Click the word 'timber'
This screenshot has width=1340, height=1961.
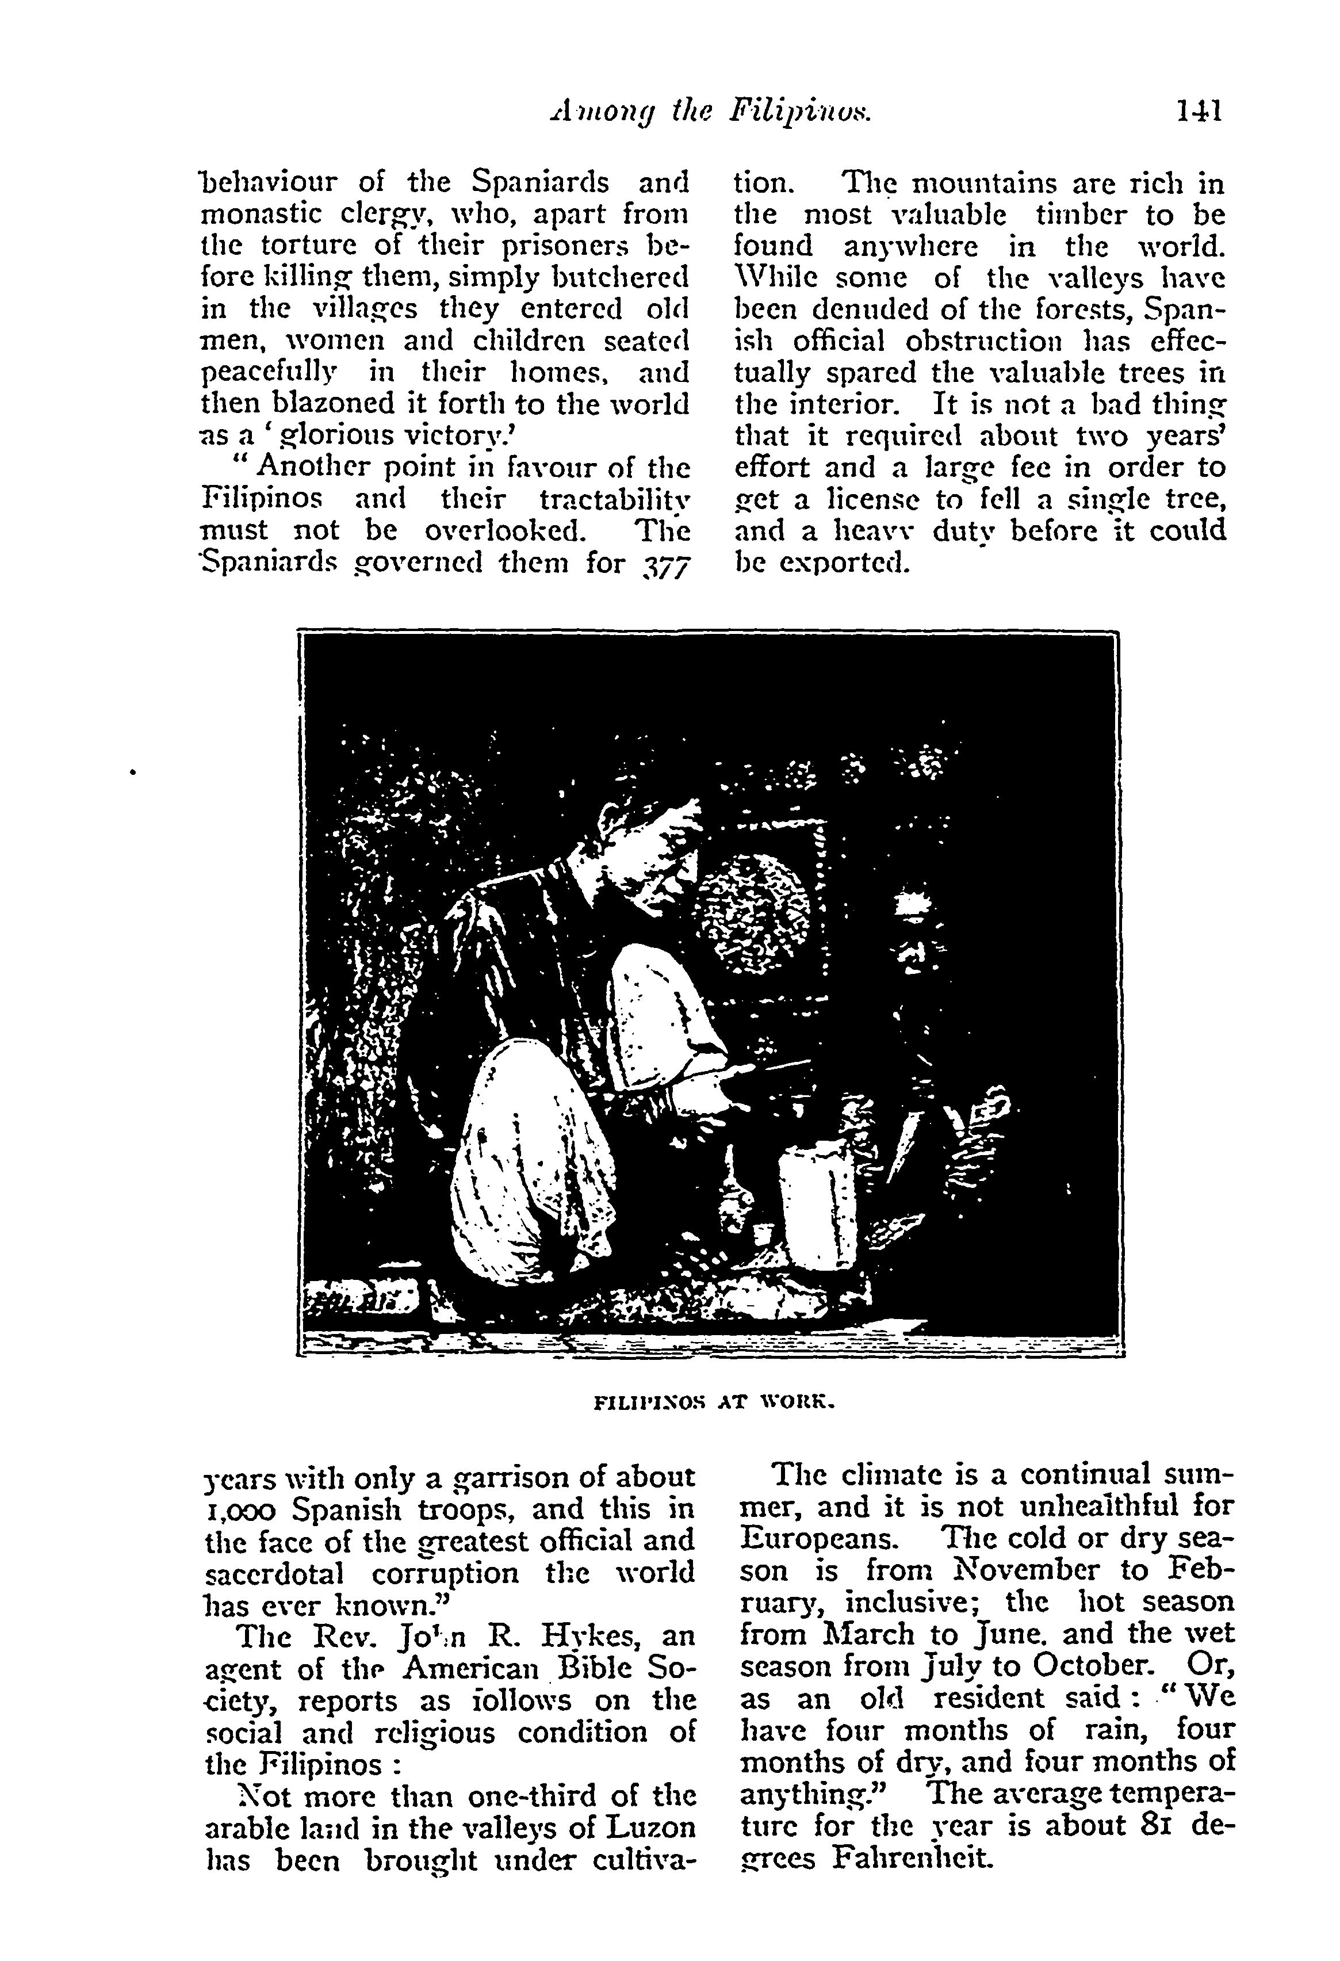point(1078,215)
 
